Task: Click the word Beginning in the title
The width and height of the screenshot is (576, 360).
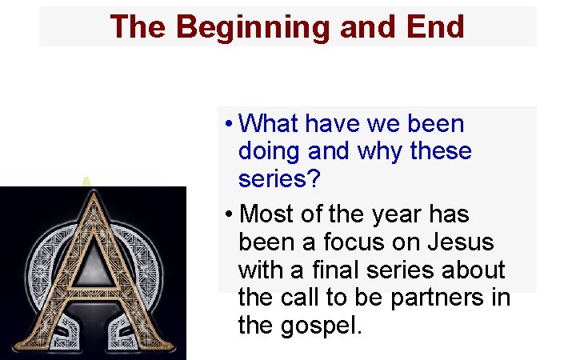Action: [253, 26]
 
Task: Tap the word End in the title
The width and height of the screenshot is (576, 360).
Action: [435, 26]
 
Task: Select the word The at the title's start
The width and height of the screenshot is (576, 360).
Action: [138, 26]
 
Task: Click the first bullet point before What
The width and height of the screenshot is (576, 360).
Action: [229, 125]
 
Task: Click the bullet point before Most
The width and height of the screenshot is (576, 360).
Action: [229, 215]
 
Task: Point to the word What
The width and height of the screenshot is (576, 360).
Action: [269, 124]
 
